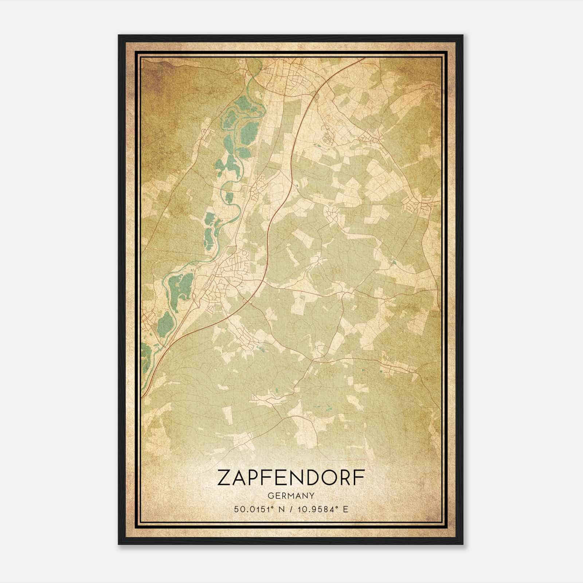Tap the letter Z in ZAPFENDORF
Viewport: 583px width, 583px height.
click(x=223, y=478)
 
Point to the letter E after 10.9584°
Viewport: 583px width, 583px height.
click(x=346, y=509)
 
